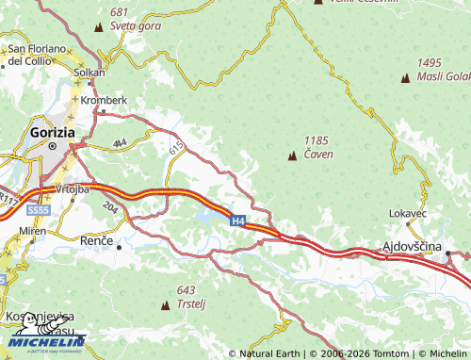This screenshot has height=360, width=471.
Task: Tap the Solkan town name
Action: pyautogui.click(x=89, y=73)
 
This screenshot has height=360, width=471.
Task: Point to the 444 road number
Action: pyautogui.click(x=120, y=143)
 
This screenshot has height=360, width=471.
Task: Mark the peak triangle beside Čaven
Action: pyautogui.click(x=290, y=153)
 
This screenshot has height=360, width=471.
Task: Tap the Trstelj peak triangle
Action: pyautogui.click(x=168, y=304)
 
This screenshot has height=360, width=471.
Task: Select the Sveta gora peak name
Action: pyautogui.click(x=135, y=25)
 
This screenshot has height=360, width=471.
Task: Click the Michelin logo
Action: pyautogui.click(x=47, y=340)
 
